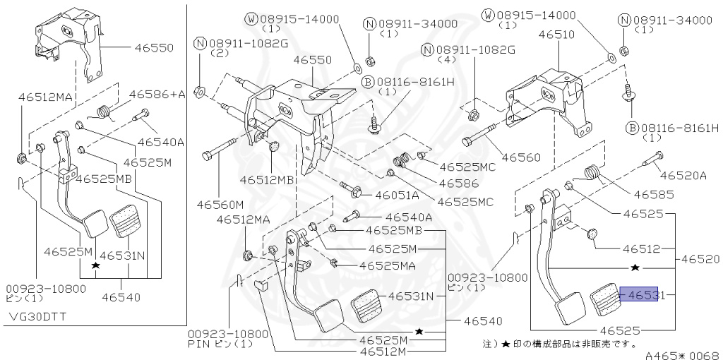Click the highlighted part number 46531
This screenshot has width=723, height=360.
tap(642, 295)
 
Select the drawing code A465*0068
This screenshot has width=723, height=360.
tap(683, 354)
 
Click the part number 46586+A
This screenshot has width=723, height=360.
tap(156, 93)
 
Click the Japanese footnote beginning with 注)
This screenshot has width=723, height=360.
tap(558, 344)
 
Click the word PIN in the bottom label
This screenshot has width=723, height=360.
tap(200, 344)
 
